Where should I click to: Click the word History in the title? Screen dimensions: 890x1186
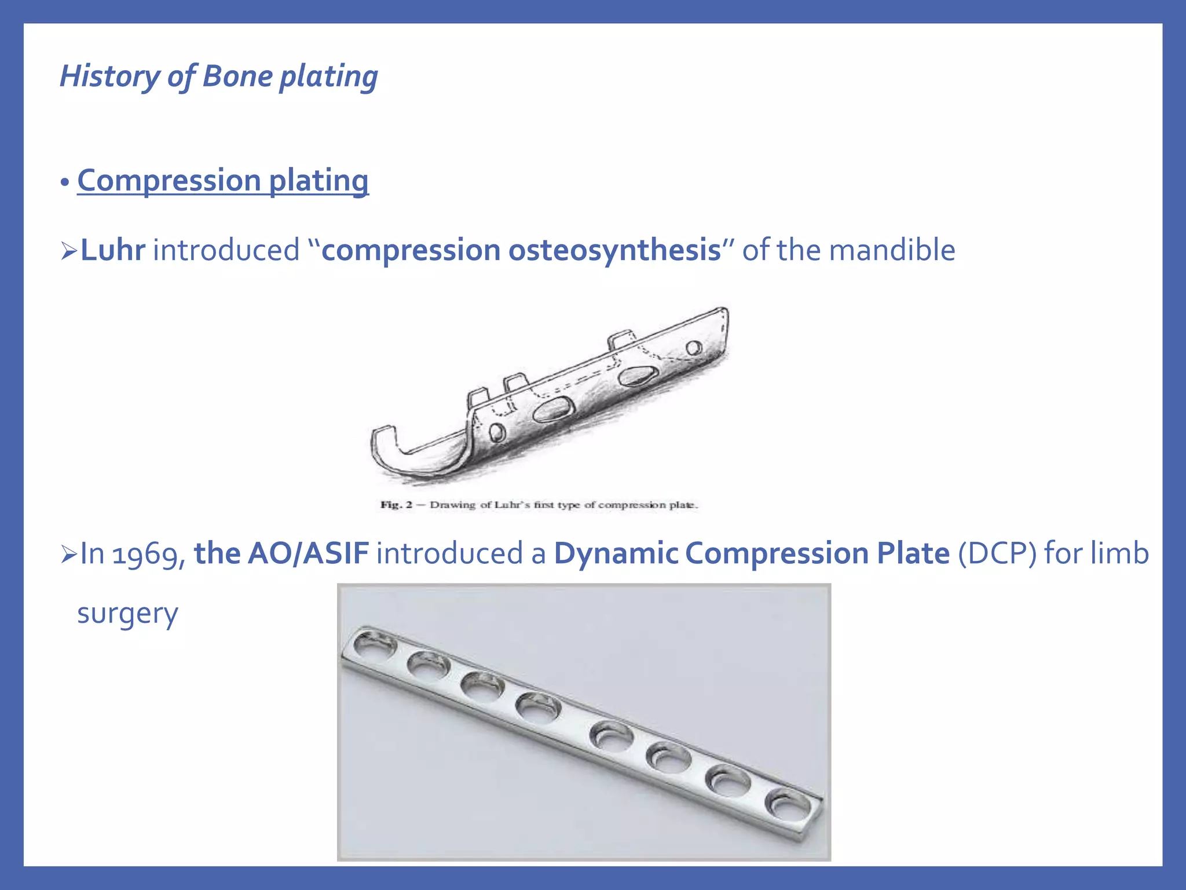[109, 76]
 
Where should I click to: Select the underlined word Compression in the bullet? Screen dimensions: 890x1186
[169, 180]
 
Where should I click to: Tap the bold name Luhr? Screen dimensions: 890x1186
[112, 250]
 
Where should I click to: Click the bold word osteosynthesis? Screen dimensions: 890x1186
[614, 250]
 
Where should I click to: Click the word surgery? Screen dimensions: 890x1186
[127, 613]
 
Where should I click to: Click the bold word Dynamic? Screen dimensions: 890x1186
[616, 553]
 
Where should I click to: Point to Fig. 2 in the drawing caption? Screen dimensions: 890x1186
[396, 505]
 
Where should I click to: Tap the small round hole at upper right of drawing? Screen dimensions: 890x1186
[693, 348]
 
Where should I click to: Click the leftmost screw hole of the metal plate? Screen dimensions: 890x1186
[375, 644]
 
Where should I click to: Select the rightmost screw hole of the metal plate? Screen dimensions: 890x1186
[788, 805]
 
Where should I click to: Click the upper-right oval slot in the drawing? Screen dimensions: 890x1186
[636, 376]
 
